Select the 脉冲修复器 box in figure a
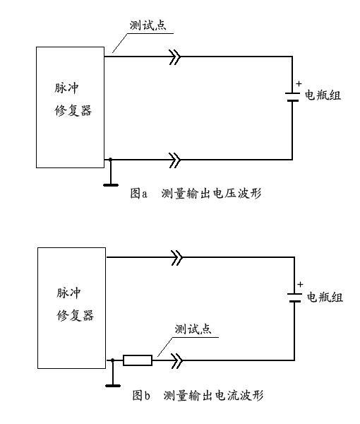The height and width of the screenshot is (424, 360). pos(69,106)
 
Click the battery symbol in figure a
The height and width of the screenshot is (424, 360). pos(292,96)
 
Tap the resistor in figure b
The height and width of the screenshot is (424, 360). pos(137,361)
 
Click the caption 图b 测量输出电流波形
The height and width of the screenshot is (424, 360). pos(197,396)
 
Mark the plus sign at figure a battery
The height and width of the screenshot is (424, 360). pos(299,83)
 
